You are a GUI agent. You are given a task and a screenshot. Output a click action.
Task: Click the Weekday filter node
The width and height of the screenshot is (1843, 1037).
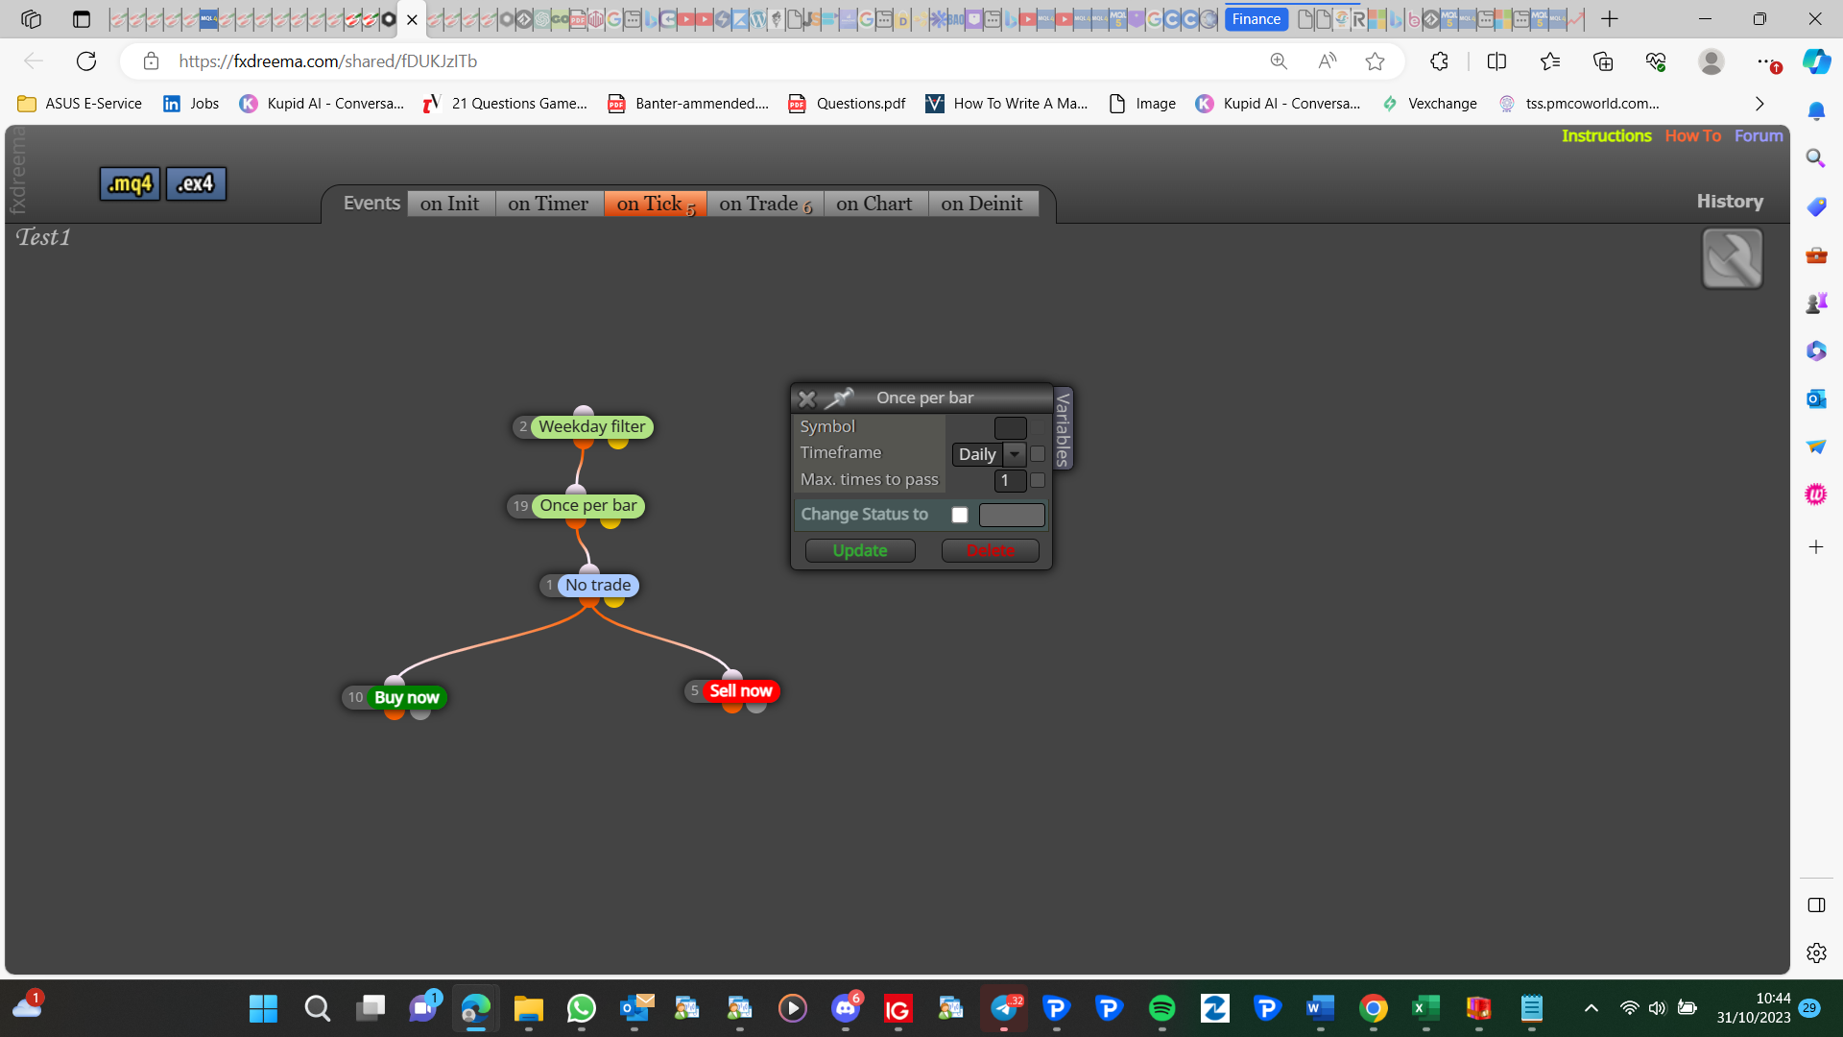[x=583, y=426]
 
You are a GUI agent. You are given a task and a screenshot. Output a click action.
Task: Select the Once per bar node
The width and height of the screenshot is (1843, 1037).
[x=576, y=506]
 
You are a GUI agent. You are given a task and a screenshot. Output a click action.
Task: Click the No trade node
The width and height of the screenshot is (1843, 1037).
[x=589, y=585]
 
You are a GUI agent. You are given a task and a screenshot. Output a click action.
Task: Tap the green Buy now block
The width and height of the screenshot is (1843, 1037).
[x=395, y=697]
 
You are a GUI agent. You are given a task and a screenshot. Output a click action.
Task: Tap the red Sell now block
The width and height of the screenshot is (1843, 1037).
[x=731, y=690]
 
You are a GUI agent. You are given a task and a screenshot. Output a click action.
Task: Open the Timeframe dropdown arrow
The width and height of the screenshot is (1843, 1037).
[x=1015, y=454]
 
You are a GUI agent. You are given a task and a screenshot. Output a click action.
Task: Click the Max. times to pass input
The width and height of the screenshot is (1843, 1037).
[x=1010, y=480]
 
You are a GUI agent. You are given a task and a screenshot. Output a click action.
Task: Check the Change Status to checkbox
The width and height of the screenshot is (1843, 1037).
[x=959, y=515]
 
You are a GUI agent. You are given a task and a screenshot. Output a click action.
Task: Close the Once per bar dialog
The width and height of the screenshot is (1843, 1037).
[x=807, y=398]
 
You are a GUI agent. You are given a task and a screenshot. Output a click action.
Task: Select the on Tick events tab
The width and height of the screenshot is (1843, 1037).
[x=656, y=204]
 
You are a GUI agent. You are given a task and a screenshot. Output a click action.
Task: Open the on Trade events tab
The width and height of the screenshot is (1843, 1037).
[x=765, y=204]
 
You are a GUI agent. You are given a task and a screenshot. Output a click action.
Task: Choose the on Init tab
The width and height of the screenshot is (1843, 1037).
[x=450, y=204]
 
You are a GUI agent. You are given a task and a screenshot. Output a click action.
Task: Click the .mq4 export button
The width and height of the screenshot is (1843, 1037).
[x=130, y=183]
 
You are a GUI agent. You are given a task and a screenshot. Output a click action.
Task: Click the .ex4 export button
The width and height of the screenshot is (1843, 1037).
[x=196, y=183]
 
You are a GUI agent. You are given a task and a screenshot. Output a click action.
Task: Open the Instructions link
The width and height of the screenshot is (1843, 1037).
[x=1606, y=135]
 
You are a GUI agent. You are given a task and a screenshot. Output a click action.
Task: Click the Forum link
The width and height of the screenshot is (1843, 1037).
[x=1759, y=135]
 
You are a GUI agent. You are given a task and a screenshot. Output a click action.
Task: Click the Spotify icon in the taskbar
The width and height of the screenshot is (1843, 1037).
[x=1161, y=1008]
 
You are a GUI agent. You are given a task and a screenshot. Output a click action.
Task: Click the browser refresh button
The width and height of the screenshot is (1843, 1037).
[x=86, y=61]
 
